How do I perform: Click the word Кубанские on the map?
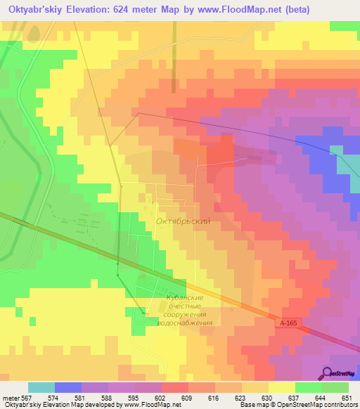(185, 298)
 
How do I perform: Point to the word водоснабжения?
(185, 323)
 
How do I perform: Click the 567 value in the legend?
(27, 397)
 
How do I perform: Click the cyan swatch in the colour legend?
(41, 387)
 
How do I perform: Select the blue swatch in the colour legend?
(67, 387)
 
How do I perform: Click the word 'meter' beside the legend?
(10, 397)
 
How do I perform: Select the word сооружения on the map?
(185, 315)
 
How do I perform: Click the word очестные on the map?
(185, 306)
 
